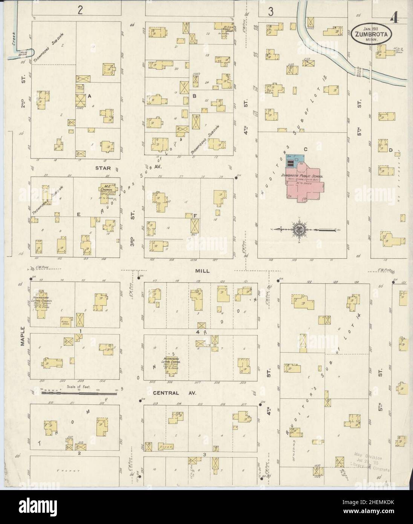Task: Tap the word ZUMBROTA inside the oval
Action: (x=372, y=34)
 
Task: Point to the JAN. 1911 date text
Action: (x=371, y=28)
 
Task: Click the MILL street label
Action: (x=202, y=270)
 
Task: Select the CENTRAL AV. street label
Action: (x=171, y=393)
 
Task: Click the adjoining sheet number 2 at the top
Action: (x=80, y=10)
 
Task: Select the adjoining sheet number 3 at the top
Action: (x=270, y=11)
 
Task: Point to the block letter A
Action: (x=90, y=96)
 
